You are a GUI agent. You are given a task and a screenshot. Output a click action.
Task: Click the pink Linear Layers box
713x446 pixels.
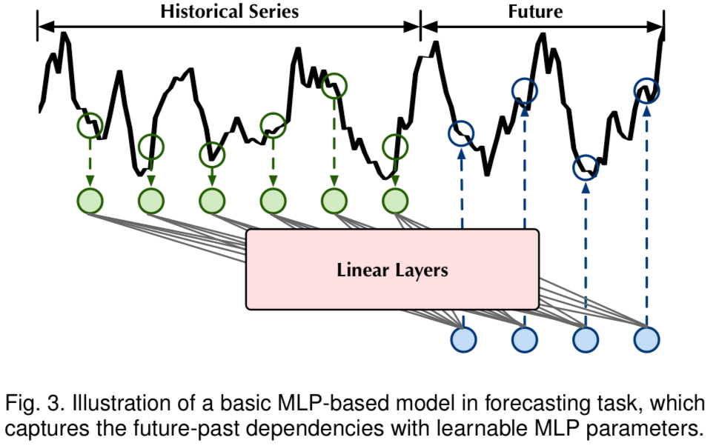[x=392, y=269]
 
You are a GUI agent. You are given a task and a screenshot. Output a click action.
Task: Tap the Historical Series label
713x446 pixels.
[x=229, y=11]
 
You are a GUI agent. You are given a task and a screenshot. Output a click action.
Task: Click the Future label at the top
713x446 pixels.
[x=535, y=11]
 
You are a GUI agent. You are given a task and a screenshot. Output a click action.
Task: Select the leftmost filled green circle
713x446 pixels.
[x=90, y=201]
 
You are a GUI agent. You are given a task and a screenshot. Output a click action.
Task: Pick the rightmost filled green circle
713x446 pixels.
[x=395, y=201]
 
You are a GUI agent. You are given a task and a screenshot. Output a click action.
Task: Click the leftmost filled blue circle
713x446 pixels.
[x=463, y=339]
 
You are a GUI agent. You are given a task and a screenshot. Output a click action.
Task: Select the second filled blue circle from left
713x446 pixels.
[x=524, y=339]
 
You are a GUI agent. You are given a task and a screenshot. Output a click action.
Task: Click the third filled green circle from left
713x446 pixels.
[x=212, y=201]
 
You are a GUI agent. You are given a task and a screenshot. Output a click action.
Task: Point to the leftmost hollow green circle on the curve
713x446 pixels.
[x=90, y=125]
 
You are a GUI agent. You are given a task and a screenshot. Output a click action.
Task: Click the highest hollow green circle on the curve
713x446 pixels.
[x=334, y=84]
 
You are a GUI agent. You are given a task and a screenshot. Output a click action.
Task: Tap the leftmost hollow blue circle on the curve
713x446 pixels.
[x=461, y=134]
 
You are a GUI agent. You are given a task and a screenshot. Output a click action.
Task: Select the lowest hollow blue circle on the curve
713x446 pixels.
[x=586, y=167]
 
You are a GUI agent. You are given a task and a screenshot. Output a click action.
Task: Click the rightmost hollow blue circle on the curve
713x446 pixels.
[x=647, y=91]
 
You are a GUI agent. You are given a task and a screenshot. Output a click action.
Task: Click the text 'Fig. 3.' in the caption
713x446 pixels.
[x=30, y=405]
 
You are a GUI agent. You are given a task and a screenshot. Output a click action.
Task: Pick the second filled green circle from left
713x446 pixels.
[x=151, y=201]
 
